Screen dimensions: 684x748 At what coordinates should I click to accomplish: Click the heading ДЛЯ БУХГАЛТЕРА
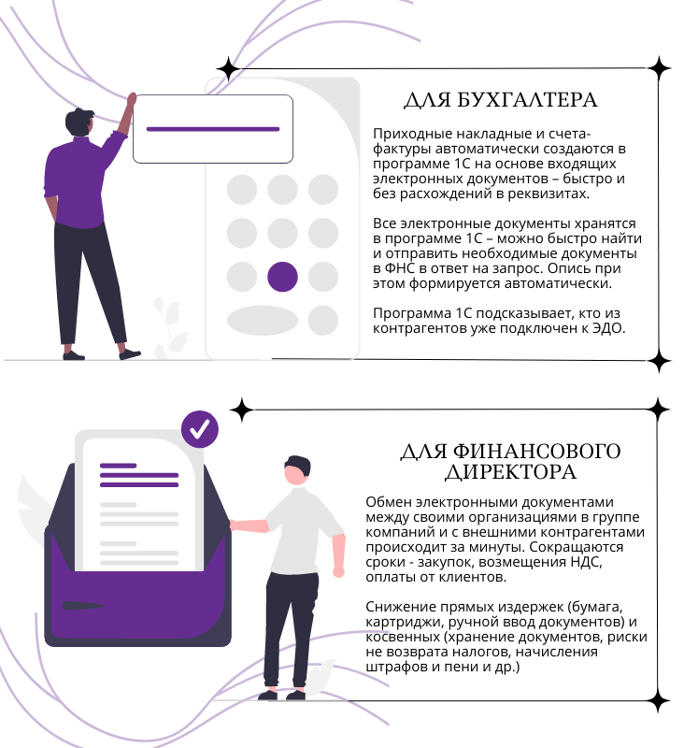(x=500, y=100)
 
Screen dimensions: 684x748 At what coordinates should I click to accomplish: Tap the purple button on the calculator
(x=282, y=276)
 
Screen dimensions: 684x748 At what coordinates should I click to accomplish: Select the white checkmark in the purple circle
(x=199, y=429)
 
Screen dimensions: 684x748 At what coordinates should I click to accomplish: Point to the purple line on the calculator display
(x=213, y=129)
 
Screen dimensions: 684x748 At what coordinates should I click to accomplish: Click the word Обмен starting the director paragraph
(x=387, y=501)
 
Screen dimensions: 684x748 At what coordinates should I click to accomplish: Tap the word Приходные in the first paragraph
(x=407, y=134)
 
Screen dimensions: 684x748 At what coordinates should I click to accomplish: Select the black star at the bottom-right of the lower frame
(x=659, y=698)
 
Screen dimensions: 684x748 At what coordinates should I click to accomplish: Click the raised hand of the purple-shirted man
(x=132, y=98)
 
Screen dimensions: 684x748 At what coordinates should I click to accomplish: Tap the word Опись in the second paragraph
(x=585, y=268)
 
